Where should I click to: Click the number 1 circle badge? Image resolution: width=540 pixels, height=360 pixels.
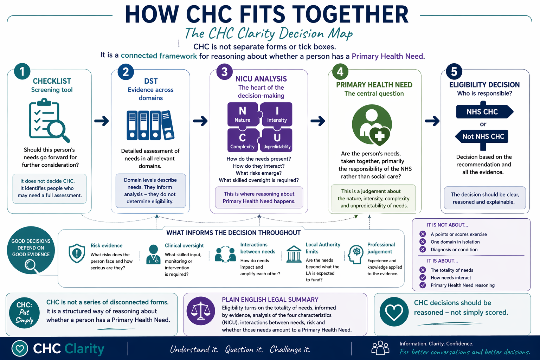pos(22,71)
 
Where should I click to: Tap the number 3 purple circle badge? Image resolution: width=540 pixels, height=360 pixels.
pos(225,72)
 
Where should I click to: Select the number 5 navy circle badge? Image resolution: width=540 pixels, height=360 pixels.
pos(454,72)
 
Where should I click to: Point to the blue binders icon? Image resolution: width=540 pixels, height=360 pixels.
pos(150,125)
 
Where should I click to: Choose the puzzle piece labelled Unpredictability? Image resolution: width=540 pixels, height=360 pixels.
pos(277,140)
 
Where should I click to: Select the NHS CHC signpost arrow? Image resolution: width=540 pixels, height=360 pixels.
pos(484,112)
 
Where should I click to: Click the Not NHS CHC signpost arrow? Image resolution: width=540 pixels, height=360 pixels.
pos(482,136)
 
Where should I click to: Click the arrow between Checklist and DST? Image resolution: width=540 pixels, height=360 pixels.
pos(102,121)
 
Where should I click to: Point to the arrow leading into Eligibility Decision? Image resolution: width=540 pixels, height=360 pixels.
pos(432,121)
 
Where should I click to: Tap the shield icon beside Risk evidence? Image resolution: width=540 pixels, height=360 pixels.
pos(77,253)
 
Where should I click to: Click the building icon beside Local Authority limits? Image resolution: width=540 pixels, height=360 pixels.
pos(294,254)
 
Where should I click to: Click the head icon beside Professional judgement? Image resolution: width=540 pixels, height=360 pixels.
pos(355,254)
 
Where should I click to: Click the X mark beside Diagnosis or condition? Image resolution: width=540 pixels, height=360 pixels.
pos(423,250)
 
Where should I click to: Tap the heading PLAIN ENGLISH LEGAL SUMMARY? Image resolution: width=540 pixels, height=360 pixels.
pos(270,300)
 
